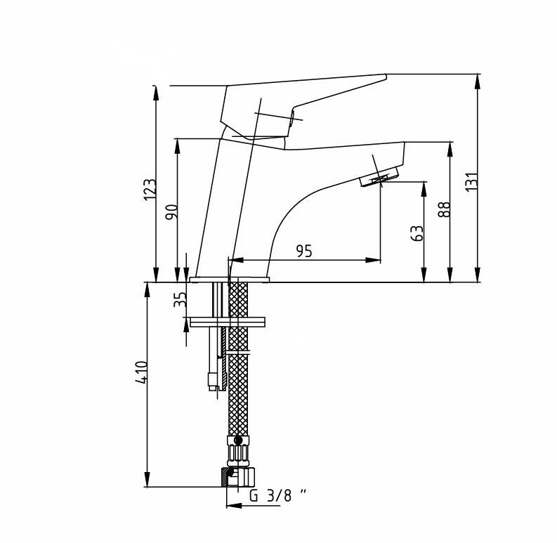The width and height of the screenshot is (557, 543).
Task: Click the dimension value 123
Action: click(x=150, y=190)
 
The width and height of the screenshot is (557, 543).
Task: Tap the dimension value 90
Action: click(x=171, y=212)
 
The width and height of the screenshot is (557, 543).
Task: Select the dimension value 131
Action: click(x=472, y=182)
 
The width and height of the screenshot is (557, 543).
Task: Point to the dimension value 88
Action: click(x=444, y=209)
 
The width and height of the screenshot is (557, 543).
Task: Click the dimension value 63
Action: click(x=417, y=233)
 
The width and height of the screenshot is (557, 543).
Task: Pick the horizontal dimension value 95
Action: click(x=304, y=251)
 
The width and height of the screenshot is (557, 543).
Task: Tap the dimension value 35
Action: click(x=180, y=299)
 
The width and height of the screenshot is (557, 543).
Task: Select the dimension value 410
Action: click(x=141, y=372)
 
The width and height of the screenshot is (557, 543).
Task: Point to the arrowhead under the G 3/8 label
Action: click(x=235, y=505)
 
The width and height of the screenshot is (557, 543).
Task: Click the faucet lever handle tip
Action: click(x=386, y=76)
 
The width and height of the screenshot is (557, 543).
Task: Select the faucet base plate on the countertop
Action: click(x=230, y=280)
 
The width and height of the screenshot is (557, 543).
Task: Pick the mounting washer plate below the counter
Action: click(x=228, y=322)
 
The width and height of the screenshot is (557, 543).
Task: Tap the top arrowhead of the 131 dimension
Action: click(x=477, y=81)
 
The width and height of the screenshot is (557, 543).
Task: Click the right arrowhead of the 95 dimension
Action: click(x=373, y=260)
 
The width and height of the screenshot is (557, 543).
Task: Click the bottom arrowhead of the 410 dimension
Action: click(x=147, y=479)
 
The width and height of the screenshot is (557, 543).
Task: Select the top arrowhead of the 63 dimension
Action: click(x=424, y=189)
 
